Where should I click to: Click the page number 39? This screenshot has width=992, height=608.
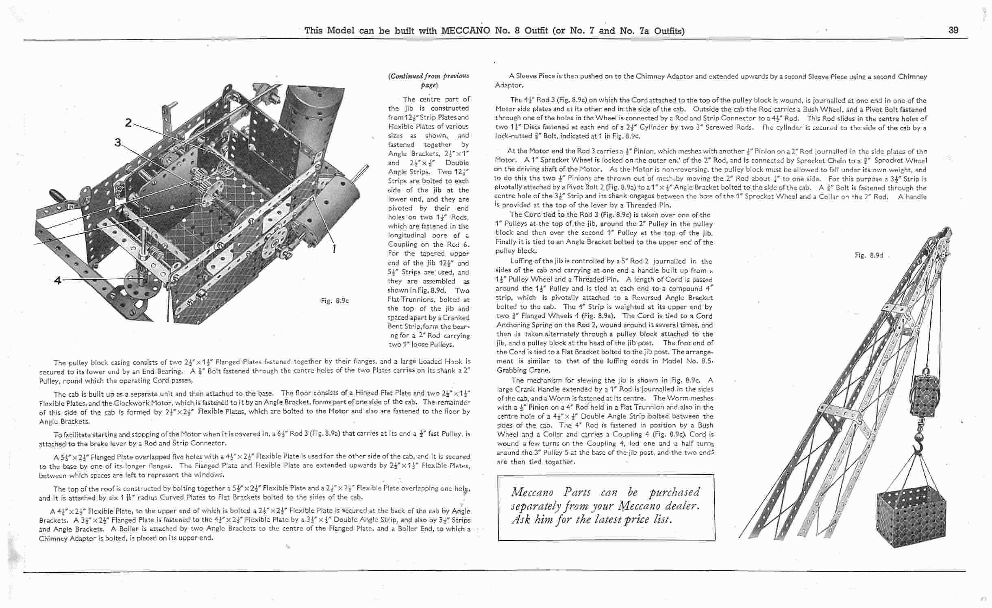point(953,30)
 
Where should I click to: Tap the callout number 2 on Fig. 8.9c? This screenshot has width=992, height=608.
point(128,122)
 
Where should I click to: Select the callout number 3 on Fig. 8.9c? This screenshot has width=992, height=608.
point(118,143)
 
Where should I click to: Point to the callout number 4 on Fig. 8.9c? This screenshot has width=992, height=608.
point(58,280)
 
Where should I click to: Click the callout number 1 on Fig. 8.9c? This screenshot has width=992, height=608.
point(334,248)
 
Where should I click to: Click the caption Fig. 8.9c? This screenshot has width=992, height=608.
point(335,301)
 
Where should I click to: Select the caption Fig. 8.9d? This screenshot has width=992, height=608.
point(869,255)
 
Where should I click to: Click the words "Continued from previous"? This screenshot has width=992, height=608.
point(429,76)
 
